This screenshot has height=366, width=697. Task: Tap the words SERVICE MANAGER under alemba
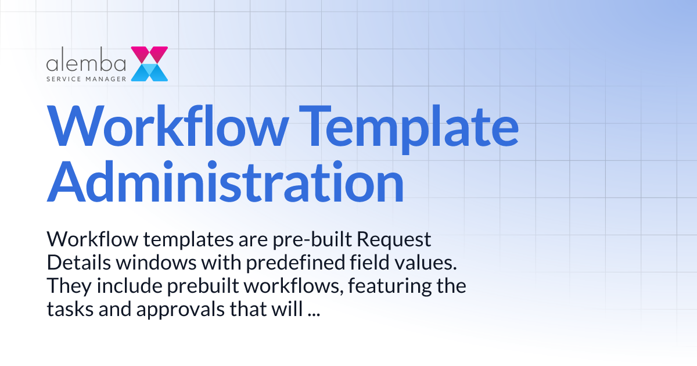click(87, 77)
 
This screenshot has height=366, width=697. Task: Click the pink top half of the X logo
click(149, 55)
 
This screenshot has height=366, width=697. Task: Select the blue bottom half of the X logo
click(149, 72)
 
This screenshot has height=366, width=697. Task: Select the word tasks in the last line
click(65, 309)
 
